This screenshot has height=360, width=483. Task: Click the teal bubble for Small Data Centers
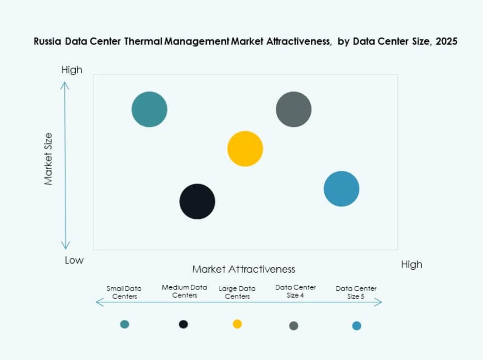[149, 109]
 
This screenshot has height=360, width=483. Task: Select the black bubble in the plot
[197, 201]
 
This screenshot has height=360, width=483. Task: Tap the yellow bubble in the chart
[245, 149]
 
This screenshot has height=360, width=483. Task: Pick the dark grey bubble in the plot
[294, 109]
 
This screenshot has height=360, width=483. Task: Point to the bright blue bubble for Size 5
[341, 189]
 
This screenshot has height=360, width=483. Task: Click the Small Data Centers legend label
[124, 292]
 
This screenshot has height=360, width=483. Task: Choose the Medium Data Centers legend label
[185, 291]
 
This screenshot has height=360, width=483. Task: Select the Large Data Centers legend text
[237, 292]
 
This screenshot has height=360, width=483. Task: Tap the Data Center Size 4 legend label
[295, 291]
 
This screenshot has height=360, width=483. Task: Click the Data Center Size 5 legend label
[356, 292]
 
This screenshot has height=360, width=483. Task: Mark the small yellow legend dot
[237, 324]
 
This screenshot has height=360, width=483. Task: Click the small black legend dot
[183, 324]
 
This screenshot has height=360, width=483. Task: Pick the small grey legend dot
[294, 325]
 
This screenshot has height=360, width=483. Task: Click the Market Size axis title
[48, 159]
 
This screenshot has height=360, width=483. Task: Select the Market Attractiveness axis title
[243, 269]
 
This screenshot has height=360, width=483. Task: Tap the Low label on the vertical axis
[74, 260]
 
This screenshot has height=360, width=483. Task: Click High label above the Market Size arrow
[72, 70]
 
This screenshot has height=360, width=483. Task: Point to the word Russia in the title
[48, 42]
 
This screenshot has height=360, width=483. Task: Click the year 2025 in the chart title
[446, 42]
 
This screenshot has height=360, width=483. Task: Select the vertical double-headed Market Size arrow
[65, 165]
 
